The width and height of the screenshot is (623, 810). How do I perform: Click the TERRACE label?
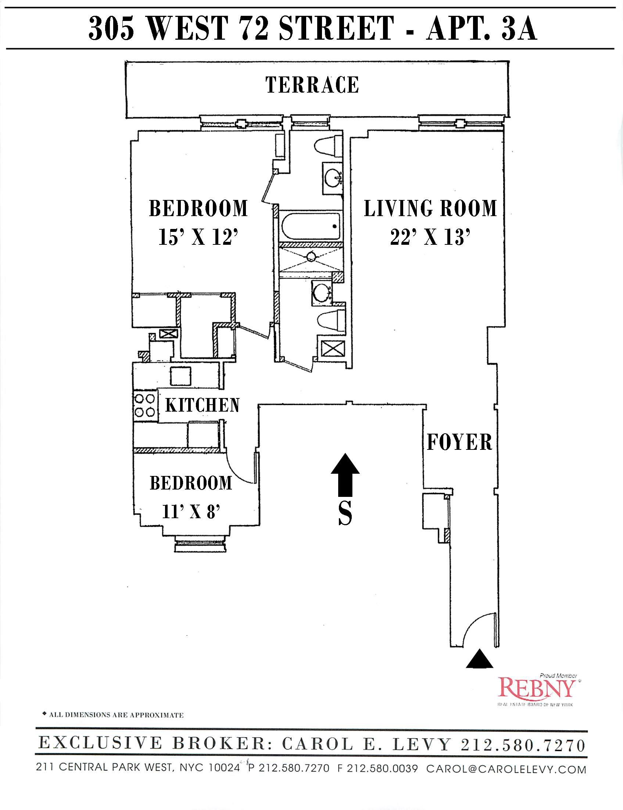tap(312, 85)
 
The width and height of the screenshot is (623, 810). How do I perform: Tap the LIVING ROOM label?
tap(430, 208)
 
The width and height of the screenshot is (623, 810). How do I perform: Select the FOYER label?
tap(459, 442)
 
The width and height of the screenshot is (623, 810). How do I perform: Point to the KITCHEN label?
tap(203, 405)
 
